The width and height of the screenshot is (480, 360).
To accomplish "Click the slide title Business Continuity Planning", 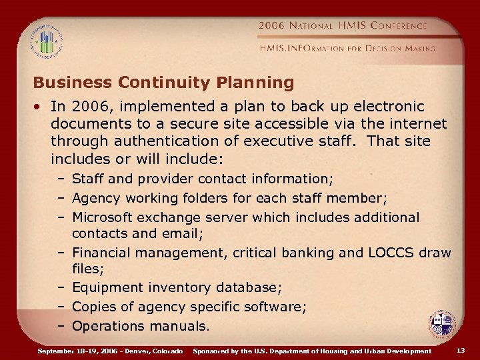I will click(163, 83).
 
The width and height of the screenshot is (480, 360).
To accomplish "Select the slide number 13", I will click(461, 350).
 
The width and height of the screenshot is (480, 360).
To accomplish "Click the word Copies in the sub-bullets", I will click(93, 307).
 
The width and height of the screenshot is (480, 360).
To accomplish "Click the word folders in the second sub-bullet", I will click(196, 198).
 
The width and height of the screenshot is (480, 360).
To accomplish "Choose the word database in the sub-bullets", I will click(247, 288).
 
